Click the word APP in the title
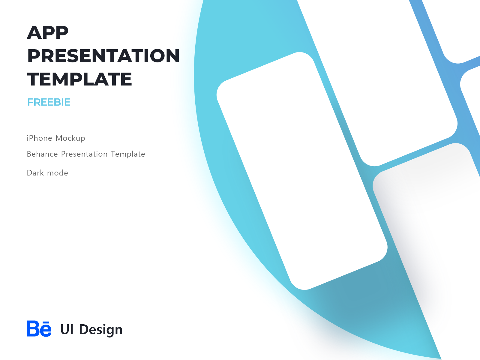click(48, 32)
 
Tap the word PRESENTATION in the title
click(103, 56)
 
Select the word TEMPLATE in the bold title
click(79, 79)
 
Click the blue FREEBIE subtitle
click(49, 102)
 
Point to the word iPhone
click(39, 138)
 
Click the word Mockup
click(70, 138)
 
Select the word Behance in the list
click(42, 154)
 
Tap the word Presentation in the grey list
click(84, 154)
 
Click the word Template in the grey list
click(128, 154)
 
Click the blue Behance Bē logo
click(39, 329)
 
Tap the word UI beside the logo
click(67, 329)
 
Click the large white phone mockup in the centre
click(301, 171)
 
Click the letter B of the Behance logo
click(33, 329)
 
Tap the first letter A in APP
click(34, 32)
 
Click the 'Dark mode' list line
click(47, 173)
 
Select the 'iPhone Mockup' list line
click(56, 138)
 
